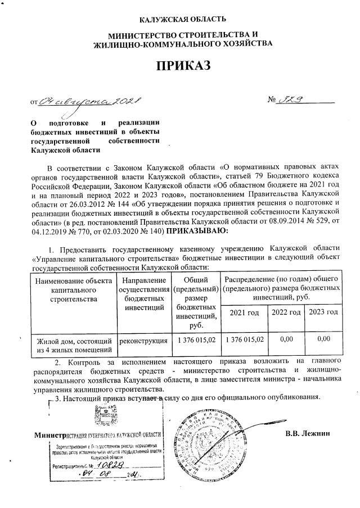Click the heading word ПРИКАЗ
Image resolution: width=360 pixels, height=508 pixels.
coord(179,67)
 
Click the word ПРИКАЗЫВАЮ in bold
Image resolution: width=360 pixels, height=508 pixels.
coord(196,230)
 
